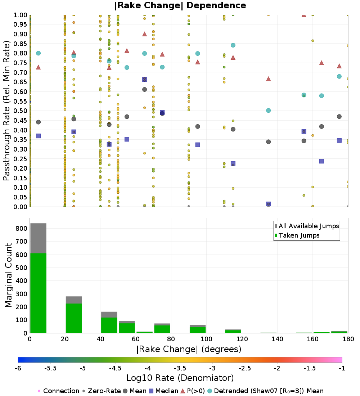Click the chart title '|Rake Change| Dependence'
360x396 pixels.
pyautogui.click(x=180, y=5)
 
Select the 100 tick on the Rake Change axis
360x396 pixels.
pyautogui.click(x=206, y=339)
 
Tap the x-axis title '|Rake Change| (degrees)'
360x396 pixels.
pyautogui.click(x=189, y=349)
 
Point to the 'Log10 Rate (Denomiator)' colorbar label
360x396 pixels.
pyautogui.click(x=180, y=378)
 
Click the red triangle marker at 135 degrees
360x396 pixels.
pyautogui.click(x=268, y=79)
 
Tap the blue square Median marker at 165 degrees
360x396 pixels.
pyautogui.click(x=321, y=161)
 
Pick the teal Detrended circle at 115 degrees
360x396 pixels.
pyautogui.click(x=233, y=45)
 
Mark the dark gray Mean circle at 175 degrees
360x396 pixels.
pyautogui.click(x=339, y=117)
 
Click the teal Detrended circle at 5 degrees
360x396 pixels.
pyautogui.click(x=38, y=53)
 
